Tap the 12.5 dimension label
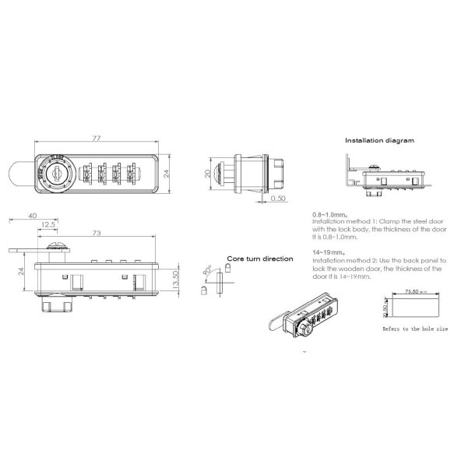tap(49, 225)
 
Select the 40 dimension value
tap(32, 215)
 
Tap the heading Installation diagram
tap(379, 141)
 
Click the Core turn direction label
tap(259, 259)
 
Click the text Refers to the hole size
tap(414, 329)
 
